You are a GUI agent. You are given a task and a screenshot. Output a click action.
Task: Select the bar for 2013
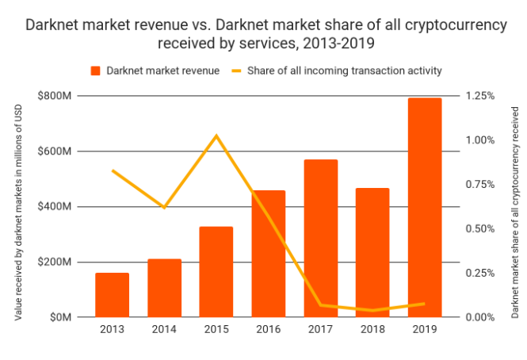click(112, 295)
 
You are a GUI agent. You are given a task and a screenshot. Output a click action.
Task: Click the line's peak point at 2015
click(216, 136)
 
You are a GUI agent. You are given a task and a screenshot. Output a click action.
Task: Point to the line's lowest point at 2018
click(373, 310)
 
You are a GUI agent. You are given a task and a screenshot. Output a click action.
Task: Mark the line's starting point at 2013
click(112, 170)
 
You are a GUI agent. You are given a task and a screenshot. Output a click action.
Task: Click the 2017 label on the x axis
click(321, 328)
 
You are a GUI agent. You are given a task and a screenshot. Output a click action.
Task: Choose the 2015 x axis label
click(216, 328)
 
